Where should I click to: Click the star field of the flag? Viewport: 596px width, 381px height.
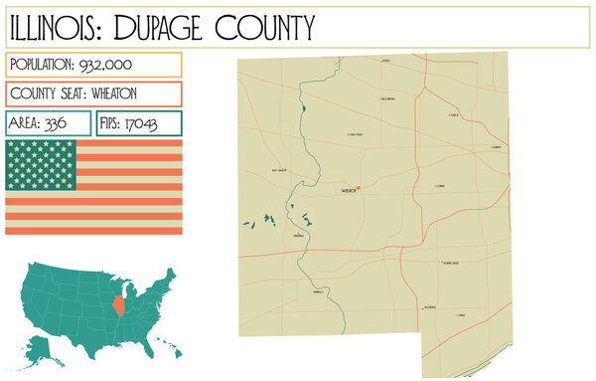pos(40,164)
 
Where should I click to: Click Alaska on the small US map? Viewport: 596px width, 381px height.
pos(41,346)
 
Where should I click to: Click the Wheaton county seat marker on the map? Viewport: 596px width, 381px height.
pos(359,187)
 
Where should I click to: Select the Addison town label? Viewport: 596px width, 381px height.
pos(454,115)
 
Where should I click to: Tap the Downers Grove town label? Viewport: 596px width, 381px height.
pos(450,263)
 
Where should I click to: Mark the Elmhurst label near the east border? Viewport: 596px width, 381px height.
pos(496,147)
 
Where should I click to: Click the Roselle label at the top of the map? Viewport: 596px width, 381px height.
pos(385,62)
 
